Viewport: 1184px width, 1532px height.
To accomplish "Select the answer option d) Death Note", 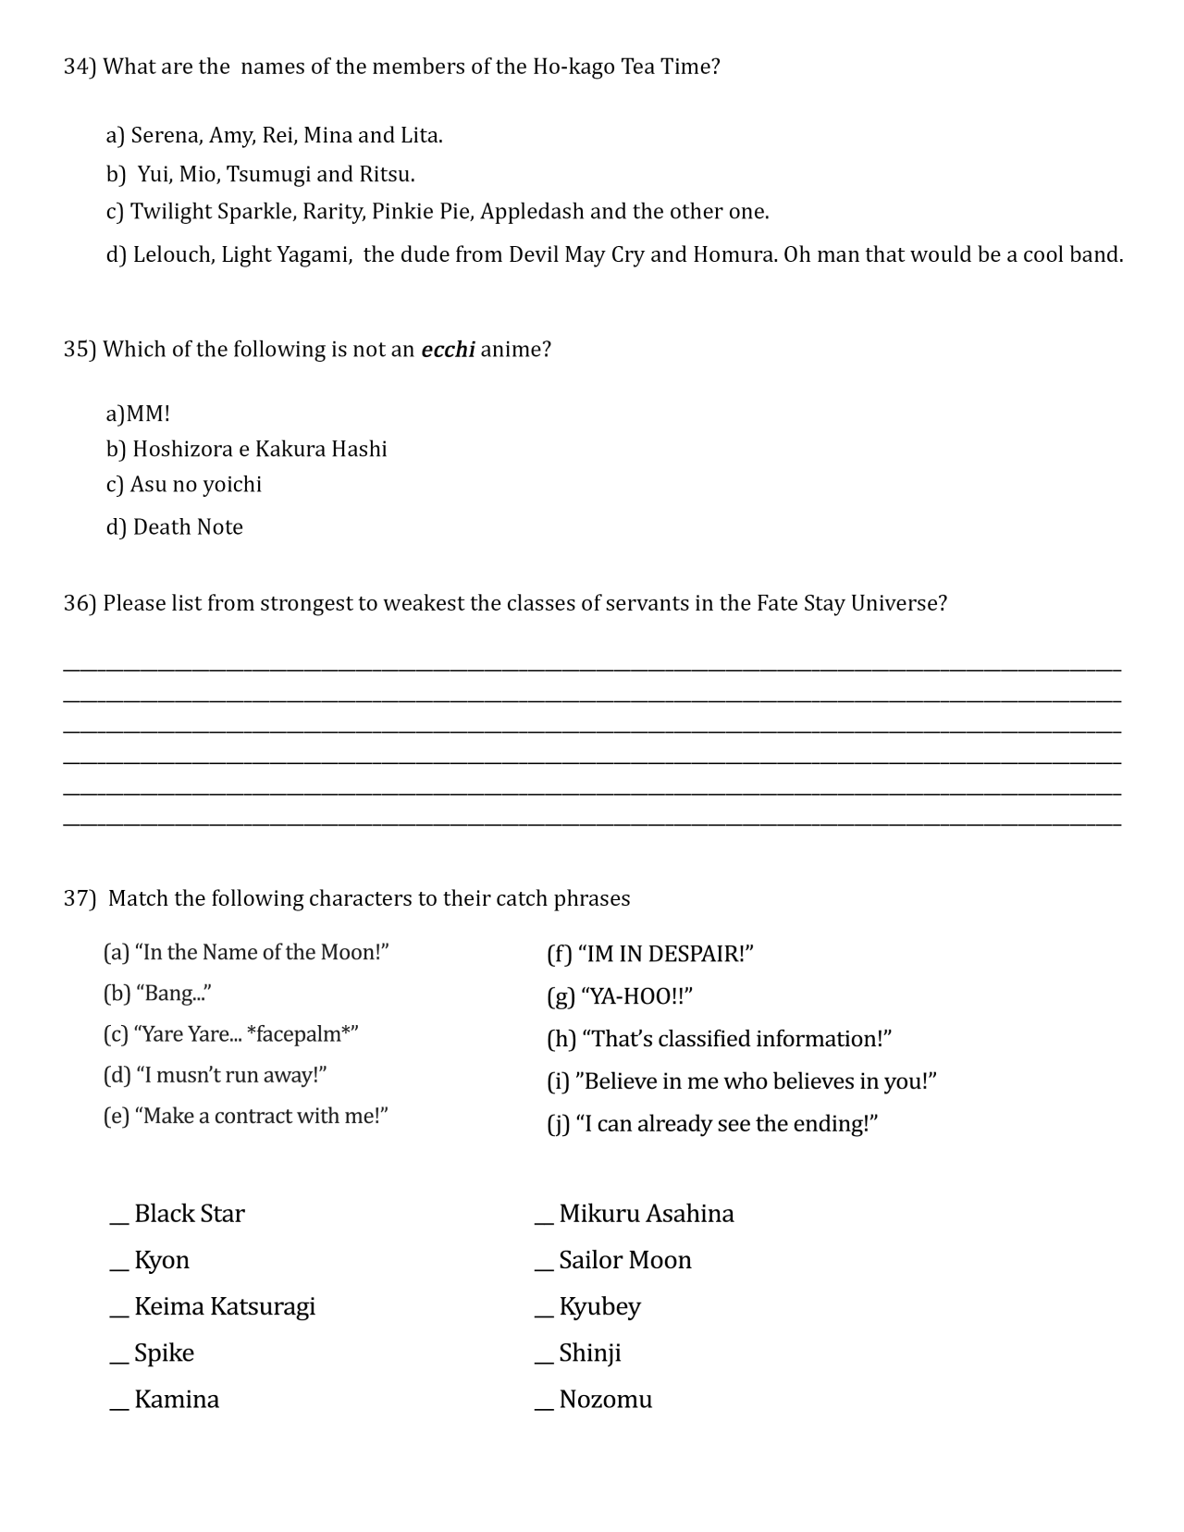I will pyautogui.click(x=174, y=527).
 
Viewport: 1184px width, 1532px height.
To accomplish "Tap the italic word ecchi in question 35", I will pyautogui.click(x=448, y=350).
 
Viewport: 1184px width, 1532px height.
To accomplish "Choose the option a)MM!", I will pyautogui.click(x=138, y=414).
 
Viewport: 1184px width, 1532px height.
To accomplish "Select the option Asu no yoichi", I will pyautogui.click(x=183, y=485).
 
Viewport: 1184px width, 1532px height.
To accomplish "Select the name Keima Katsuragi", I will pyautogui.click(x=224, y=1306).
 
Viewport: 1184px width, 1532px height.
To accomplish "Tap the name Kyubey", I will pyautogui.click(x=599, y=1307).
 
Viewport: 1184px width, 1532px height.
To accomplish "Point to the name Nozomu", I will pyautogui.click(x=605, y=1400).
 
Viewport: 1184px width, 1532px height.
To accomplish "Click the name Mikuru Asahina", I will pyautogui.click(x=646, y=1214).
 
